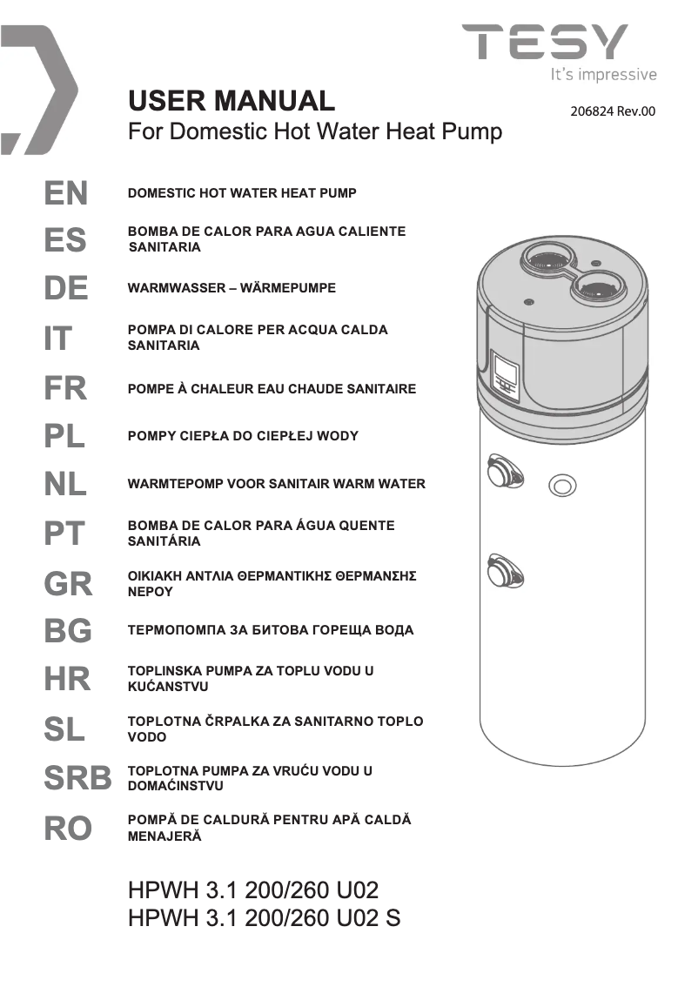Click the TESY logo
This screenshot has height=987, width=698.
(545, 42)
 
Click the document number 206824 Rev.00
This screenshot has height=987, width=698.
(612, 112)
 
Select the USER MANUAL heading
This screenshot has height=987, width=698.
(231, 101)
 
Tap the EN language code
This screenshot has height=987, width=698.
(66, 193)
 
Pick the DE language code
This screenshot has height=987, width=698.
(66, 288)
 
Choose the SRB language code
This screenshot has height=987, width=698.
(77, 779)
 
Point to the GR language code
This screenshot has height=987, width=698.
(68, 584)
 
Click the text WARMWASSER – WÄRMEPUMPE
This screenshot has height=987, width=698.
(232, 288)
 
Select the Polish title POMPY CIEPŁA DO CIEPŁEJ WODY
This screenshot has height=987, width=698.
(243, 436)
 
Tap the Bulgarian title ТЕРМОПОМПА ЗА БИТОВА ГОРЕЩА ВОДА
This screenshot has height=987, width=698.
(271, 630)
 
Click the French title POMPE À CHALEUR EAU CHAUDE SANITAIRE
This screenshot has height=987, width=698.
(272, 389)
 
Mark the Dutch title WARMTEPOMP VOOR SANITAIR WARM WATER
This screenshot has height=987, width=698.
(277, 484)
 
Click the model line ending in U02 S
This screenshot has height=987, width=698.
(264, 918)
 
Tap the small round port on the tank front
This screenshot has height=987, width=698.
(561, 486)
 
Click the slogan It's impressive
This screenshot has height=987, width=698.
(604, 75)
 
